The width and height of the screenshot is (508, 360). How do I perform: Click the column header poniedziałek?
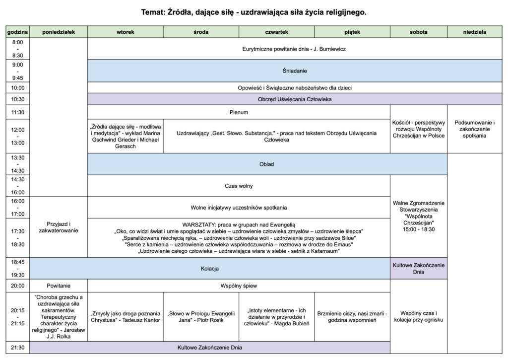click(59, 32)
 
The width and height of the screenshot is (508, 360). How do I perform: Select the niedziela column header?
click(474, 32)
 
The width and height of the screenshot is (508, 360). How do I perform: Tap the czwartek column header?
click(276, 32)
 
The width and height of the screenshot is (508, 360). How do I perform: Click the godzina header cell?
click(18, 32)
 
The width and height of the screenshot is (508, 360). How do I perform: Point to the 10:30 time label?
click(18, 99)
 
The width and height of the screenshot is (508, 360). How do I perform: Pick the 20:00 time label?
click(18, 286)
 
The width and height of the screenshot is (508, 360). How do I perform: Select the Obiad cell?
click(267, 164)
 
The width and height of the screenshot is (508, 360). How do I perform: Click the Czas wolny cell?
click(239, 186)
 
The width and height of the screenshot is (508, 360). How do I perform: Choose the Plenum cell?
click(239, 112)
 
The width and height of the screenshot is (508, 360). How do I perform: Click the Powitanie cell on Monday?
click(59, 286)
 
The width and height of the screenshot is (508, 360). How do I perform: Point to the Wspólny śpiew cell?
click(239, 286)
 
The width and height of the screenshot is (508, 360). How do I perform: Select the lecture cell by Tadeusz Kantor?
click(125, 317)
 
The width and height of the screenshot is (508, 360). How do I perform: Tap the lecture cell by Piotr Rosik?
click(201, 317)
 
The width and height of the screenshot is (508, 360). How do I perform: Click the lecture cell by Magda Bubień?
click(276, 317)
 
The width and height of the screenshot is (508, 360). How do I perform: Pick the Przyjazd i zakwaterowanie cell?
click(59, 227)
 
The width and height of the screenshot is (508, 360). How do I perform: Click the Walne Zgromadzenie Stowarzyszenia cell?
click(419, 216)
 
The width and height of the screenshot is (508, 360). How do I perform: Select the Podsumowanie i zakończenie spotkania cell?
click(474, 129)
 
